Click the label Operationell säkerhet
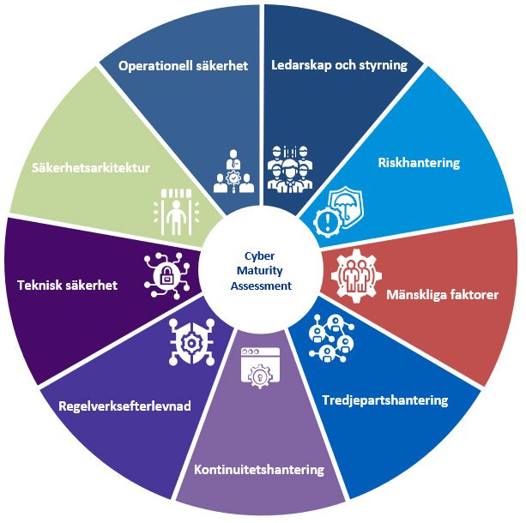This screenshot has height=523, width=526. [184, 66]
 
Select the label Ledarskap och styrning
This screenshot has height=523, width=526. [339, 66]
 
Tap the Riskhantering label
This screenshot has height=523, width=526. [420, 162]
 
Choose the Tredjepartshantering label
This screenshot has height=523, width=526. [384, 400]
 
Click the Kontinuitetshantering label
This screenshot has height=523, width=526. [259, 470]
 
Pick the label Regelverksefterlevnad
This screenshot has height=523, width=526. [126, 406]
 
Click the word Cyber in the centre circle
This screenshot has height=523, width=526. [261, 255]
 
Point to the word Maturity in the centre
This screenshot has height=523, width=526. [261, 270]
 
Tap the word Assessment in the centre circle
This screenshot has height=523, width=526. [261, 286]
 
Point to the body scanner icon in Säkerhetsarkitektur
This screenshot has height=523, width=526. [175, 209]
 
